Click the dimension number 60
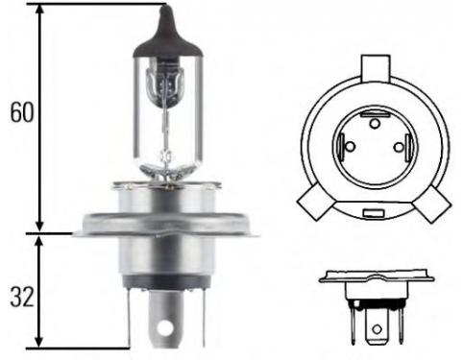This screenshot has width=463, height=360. coord(22,112)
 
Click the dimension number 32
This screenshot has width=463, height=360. coord(22,297)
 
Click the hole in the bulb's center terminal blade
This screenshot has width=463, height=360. coord(165,327)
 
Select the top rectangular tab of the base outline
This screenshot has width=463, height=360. coord(376,68)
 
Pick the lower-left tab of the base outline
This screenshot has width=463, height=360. coord(315,203)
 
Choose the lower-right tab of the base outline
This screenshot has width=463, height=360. coord(432,204)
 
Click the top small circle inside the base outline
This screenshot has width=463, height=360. coord(375,123)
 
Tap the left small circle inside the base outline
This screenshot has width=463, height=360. coord(351,147)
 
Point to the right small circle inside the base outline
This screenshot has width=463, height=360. coord(399,147)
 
